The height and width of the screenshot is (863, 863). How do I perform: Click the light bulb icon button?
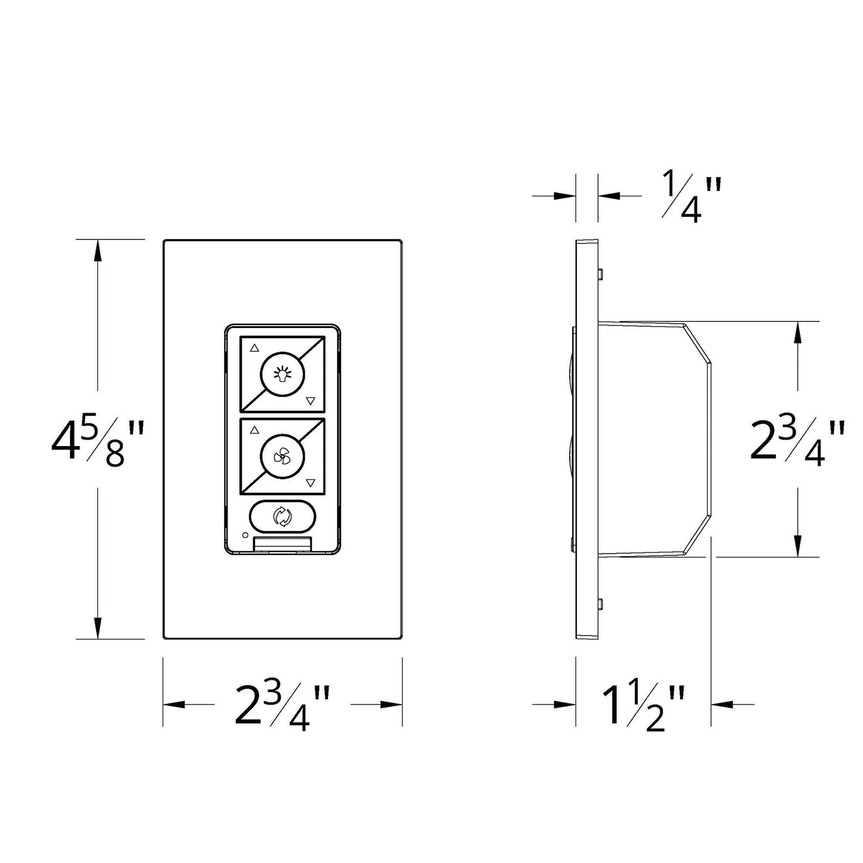coord(282,374)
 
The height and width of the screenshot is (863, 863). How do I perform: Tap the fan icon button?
coord(282,457)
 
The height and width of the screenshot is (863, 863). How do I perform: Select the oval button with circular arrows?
coord(282,517)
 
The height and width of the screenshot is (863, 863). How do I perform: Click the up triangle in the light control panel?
coord(255,347)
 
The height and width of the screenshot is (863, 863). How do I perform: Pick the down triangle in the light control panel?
coord(309,401)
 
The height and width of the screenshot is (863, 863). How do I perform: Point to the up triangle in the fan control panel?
coord(255,429)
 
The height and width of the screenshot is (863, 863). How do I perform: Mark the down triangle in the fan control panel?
coord(309,483)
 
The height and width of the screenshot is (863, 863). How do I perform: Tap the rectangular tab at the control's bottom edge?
coord(282,543)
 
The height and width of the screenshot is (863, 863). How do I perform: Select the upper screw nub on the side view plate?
coord(600,274)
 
